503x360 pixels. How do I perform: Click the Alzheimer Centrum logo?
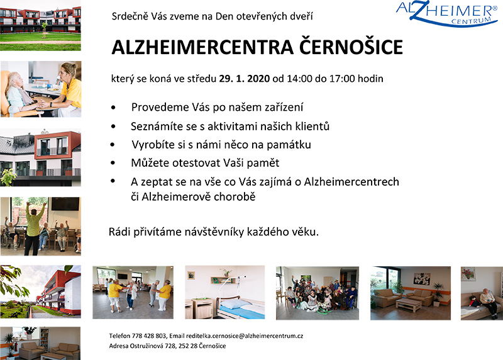click(x=446, y=14)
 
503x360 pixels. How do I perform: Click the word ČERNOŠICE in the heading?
click(x=351, y=47)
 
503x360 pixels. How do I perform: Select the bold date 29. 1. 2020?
click(x=244, y=79)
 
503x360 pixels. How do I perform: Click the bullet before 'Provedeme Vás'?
click(x=113, y=108)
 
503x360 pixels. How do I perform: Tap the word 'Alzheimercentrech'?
click(x=351, y=182)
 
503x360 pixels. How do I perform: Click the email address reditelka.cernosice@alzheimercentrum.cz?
click(x=245, y=336)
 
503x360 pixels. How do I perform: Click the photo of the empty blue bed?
click(x=225, y=292)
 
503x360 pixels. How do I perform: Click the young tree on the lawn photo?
click(x=44, y=30)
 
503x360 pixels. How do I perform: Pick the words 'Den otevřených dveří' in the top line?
click(x=264, y=16)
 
